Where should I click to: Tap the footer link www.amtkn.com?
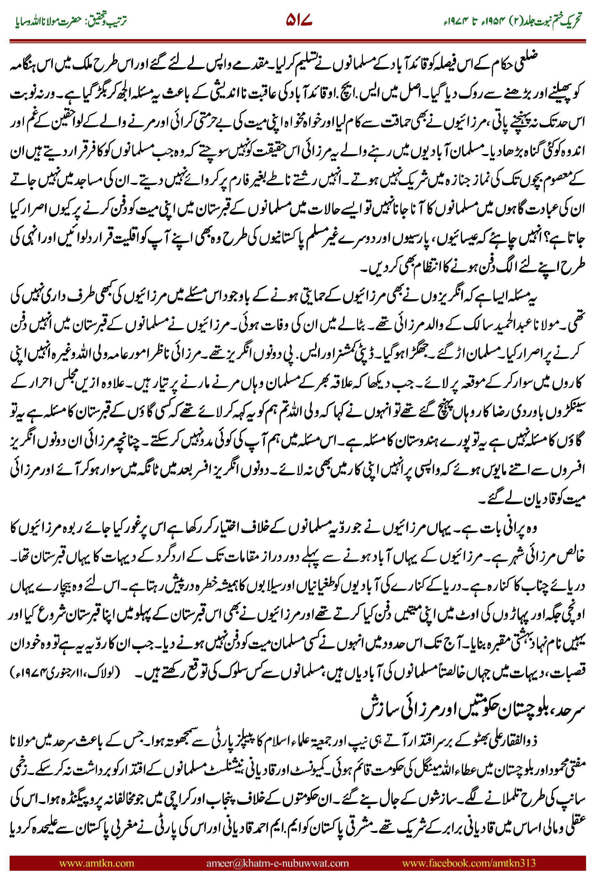tap(96, 863)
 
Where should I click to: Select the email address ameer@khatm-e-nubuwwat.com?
tap(277, 863)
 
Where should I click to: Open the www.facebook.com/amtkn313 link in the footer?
tap(469, 863)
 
